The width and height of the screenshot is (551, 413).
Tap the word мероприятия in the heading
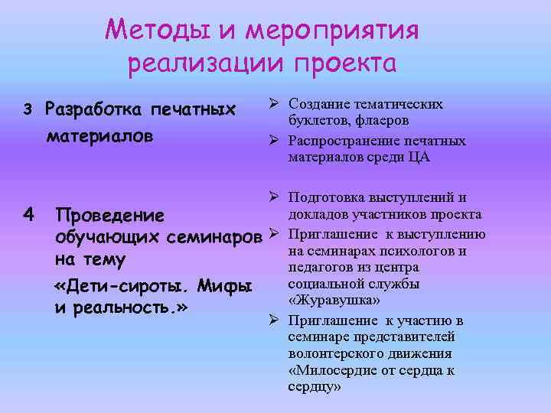click(x=334, y=32)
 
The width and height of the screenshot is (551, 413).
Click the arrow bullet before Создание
click(x=273, y=104)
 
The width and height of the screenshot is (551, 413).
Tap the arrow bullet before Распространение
click(x=273, y=141)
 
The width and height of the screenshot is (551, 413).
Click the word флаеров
click(x=381, y=120)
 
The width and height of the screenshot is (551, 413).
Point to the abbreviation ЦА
click(x=420, y=158)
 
